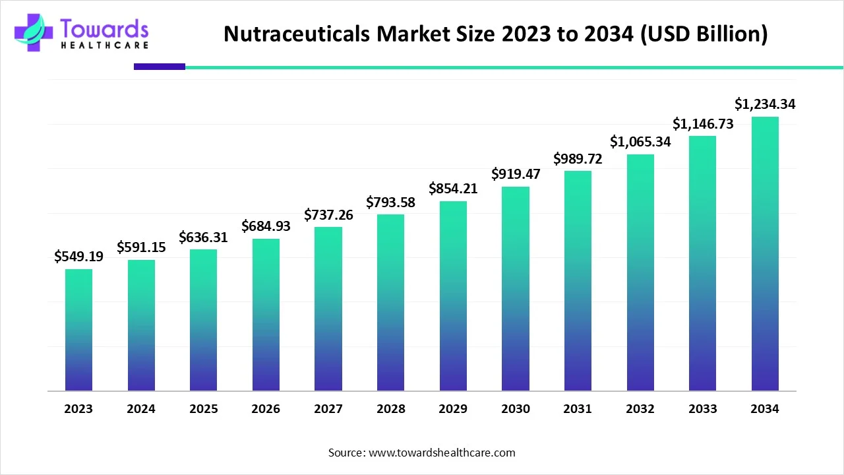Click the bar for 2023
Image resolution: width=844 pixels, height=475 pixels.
pos(78,330)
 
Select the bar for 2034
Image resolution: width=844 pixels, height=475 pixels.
pos(765,254)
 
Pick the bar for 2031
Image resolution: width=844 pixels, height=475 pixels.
pos(578,280)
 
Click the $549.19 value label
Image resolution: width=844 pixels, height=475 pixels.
pos(78,257)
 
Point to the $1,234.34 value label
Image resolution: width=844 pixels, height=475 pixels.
pos(765,104)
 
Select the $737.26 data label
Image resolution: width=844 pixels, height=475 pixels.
pos(328,214)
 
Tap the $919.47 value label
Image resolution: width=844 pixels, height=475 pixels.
pos(516,174)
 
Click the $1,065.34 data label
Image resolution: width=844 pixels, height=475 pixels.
pos(640,141)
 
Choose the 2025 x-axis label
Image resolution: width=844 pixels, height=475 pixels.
pos(203,409)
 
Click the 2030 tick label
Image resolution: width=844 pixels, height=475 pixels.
pos(516,409)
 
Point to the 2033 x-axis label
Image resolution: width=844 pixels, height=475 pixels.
pos(703,409)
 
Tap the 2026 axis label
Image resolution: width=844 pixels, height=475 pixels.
pos(266,409)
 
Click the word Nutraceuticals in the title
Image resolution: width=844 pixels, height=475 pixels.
pos(297,34)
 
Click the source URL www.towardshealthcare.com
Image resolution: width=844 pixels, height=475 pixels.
pos(442,453)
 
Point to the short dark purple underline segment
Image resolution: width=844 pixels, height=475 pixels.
pos(160,67)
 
